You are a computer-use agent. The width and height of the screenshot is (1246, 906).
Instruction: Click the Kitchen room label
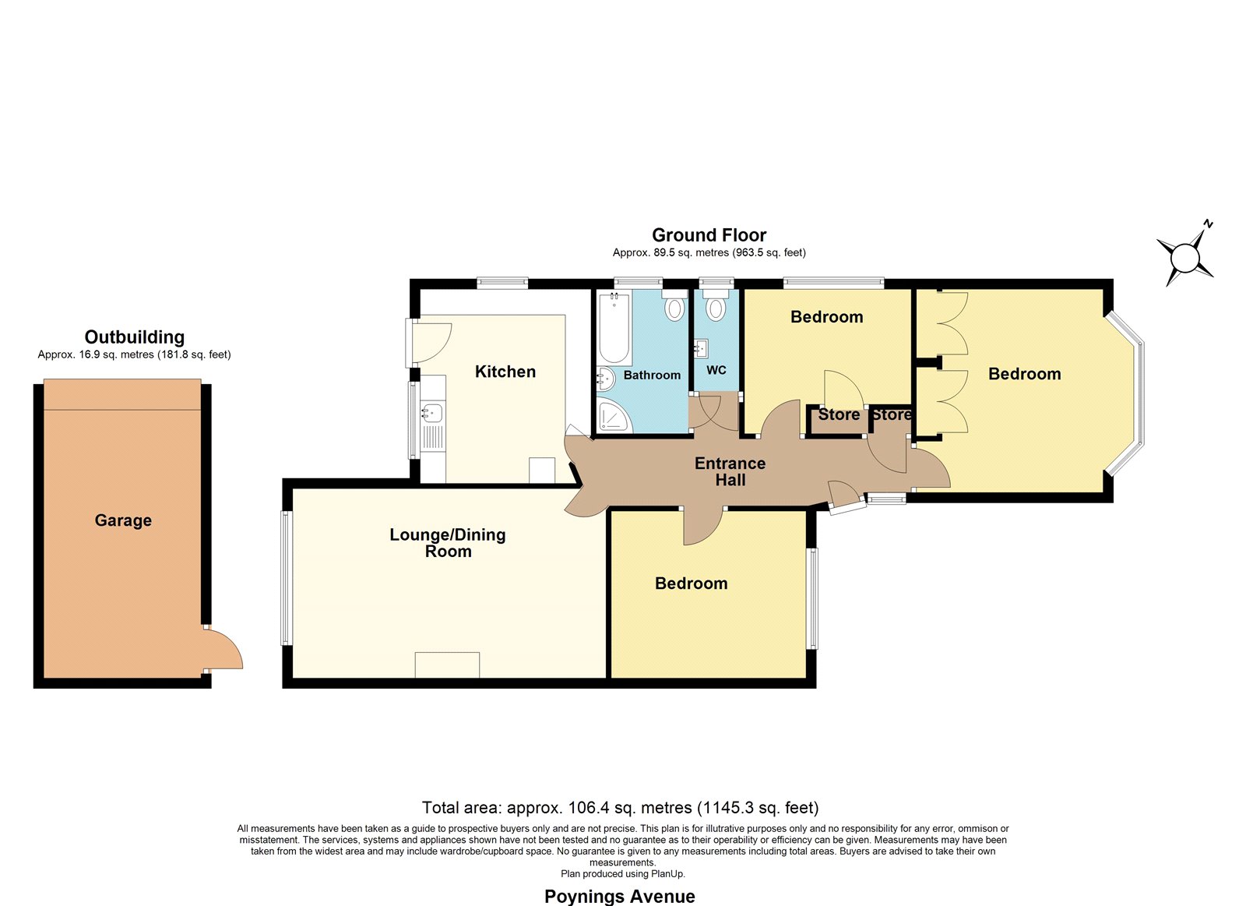[505, 372]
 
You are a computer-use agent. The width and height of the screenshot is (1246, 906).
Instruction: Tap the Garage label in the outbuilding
[123, 520]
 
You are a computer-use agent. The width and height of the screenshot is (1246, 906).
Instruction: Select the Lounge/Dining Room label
[448, 543]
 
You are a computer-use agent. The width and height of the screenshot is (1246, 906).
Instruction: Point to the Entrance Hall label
[730, 471]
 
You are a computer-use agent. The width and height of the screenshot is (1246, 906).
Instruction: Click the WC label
[716, 370]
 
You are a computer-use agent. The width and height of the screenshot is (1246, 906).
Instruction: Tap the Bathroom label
[652, 375]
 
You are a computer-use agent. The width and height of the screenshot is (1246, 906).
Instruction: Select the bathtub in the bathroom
[614, 328]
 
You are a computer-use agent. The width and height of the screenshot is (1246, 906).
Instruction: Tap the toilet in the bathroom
[674, 305]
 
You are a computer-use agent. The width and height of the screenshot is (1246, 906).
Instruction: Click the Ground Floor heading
[709, 234]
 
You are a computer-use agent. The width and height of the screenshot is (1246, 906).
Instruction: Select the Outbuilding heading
[134, 337]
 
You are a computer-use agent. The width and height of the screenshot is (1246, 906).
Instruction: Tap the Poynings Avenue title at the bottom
[619, 897]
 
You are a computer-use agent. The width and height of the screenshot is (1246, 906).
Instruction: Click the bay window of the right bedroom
[1129, 393]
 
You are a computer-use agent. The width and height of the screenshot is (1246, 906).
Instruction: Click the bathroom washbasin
[606, 379]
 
